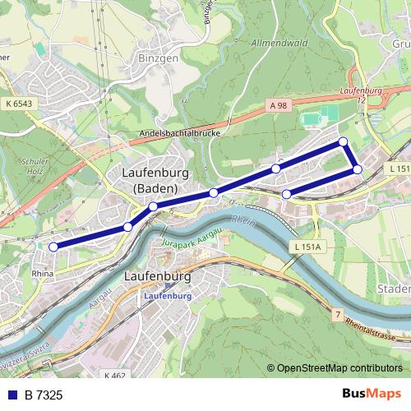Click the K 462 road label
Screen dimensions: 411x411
116,375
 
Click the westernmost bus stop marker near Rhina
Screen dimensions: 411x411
53,247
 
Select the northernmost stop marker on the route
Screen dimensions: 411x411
344,142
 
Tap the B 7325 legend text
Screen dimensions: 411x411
43,395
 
